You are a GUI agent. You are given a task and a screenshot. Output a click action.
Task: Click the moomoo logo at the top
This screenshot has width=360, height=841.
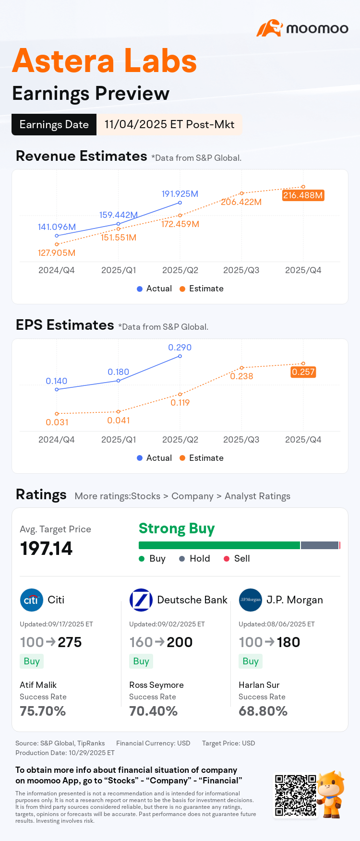(302, 28)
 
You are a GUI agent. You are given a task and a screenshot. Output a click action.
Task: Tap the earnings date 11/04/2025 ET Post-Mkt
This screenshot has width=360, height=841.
(169, 124)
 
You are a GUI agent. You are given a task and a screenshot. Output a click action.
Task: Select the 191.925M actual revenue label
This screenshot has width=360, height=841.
(180, 194)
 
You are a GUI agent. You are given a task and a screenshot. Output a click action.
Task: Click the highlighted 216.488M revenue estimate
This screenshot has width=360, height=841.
(303, 195)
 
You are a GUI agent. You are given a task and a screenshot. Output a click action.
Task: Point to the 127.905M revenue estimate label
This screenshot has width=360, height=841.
(57, 253)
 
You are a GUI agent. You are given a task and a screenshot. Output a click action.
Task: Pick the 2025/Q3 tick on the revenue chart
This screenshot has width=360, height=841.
(241, 270)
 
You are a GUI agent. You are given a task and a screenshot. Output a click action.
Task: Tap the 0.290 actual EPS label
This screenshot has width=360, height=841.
(180, 348)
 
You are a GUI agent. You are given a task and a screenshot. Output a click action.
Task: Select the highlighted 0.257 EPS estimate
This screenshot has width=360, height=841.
(303, 372)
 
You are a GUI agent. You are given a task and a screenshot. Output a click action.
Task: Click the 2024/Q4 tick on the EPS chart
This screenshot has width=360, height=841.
(57, 440)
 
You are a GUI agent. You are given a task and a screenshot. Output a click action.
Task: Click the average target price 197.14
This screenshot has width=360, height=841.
(47, 549)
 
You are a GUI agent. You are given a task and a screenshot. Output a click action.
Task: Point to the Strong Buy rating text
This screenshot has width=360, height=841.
(177, 529)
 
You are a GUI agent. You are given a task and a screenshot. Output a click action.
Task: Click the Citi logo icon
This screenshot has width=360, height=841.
(32, 600)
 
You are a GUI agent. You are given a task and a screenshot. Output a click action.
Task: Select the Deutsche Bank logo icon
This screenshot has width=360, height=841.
(141, 600)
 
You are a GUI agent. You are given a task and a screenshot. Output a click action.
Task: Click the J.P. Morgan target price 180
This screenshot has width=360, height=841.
(288, 642)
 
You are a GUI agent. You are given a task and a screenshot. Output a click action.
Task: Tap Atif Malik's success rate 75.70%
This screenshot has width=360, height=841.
(43, 711)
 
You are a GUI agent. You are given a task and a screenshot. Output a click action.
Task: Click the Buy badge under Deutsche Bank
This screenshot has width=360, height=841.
(141, 661)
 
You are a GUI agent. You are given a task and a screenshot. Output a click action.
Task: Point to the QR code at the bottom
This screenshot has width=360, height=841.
(296, 795)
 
